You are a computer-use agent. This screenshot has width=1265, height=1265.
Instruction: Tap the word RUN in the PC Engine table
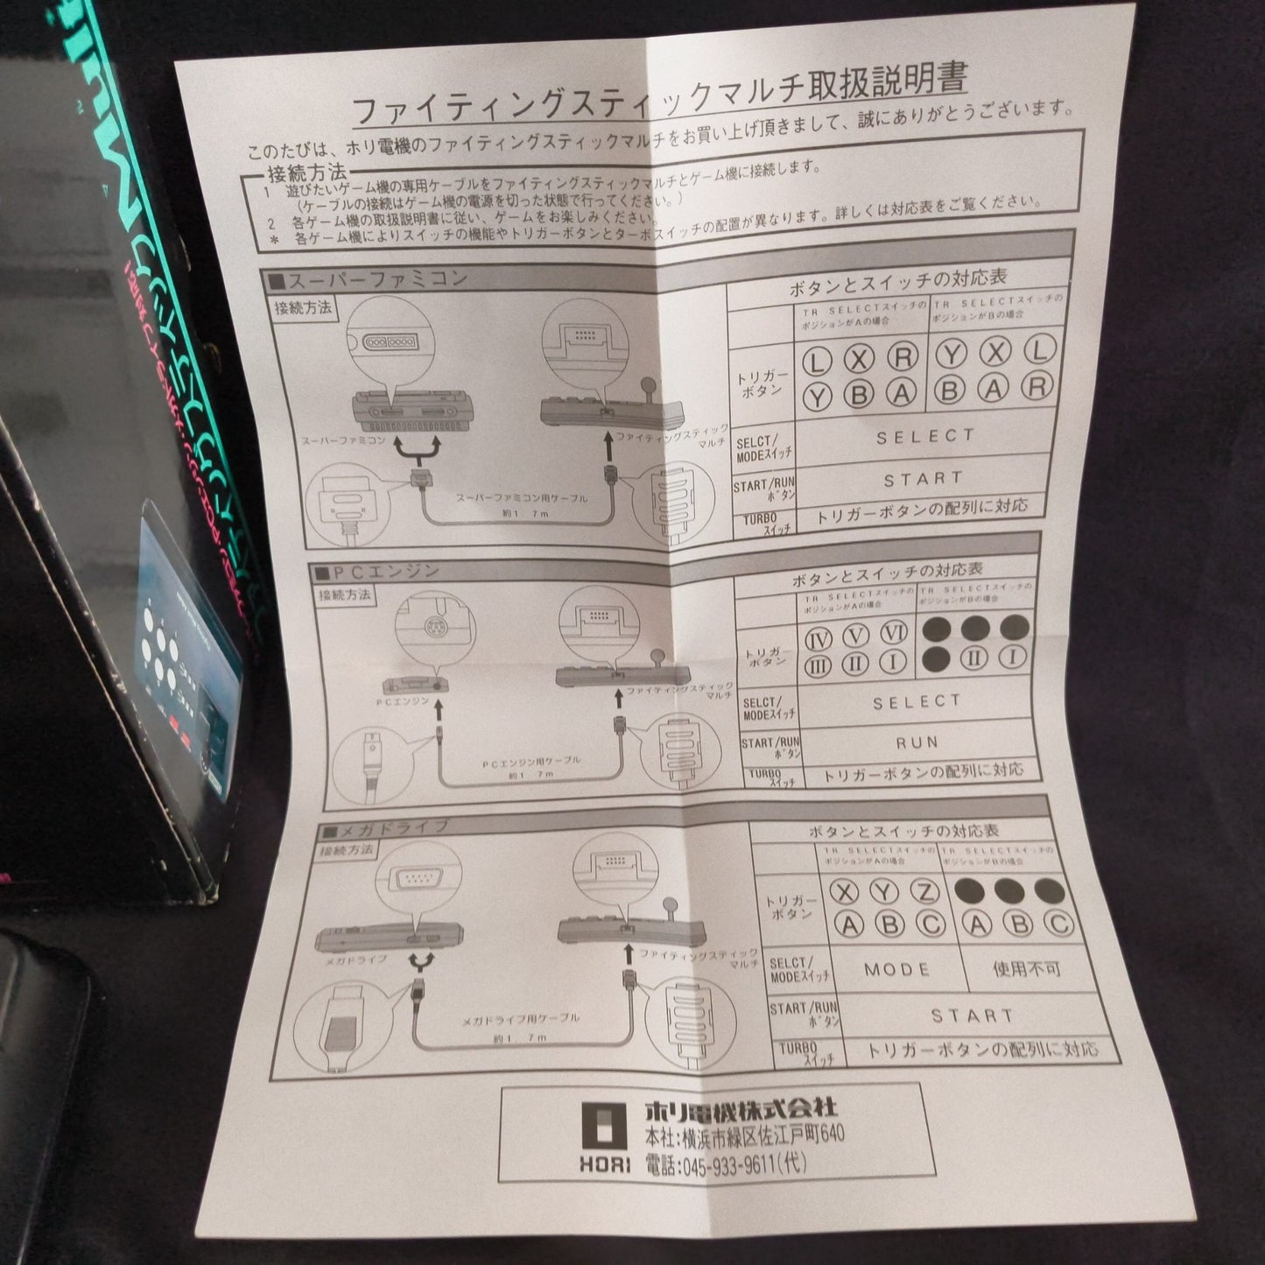(x=916, y=742)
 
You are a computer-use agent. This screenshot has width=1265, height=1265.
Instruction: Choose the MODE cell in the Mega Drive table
(x=896, y=969)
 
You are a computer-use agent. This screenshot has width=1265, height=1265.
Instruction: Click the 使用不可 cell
(x=1026, y=968)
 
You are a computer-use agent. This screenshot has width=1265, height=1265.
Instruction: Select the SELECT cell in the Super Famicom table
(x=924, y=436)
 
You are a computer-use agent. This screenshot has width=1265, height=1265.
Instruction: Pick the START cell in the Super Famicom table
(x=923, y=479)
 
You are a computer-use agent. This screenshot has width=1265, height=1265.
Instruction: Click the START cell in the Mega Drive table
(x=972, y=1016)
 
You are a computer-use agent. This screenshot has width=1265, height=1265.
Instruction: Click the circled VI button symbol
(x=893, y=632)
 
